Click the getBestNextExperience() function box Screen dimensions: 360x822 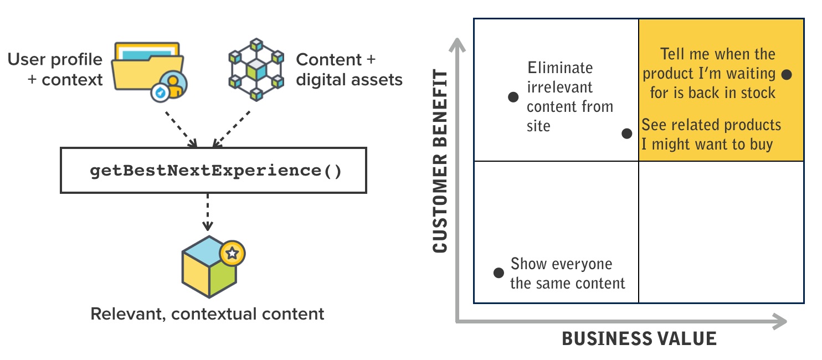pos(213,170)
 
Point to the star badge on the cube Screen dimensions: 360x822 pos(232,253)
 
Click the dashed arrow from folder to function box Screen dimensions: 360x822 pos(180,128)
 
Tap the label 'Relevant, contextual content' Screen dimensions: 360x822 pos(207,314)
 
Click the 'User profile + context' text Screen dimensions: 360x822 pos(55,69)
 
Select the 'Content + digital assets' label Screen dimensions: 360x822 pos(349,69)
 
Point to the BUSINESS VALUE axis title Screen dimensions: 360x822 pos(639,338)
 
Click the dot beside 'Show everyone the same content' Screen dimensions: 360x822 pos(499,272)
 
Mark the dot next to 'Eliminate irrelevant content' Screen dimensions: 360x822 pos(513,97)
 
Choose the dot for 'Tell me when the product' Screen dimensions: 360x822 pos(787,74)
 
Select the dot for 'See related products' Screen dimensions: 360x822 pos(626,133)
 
